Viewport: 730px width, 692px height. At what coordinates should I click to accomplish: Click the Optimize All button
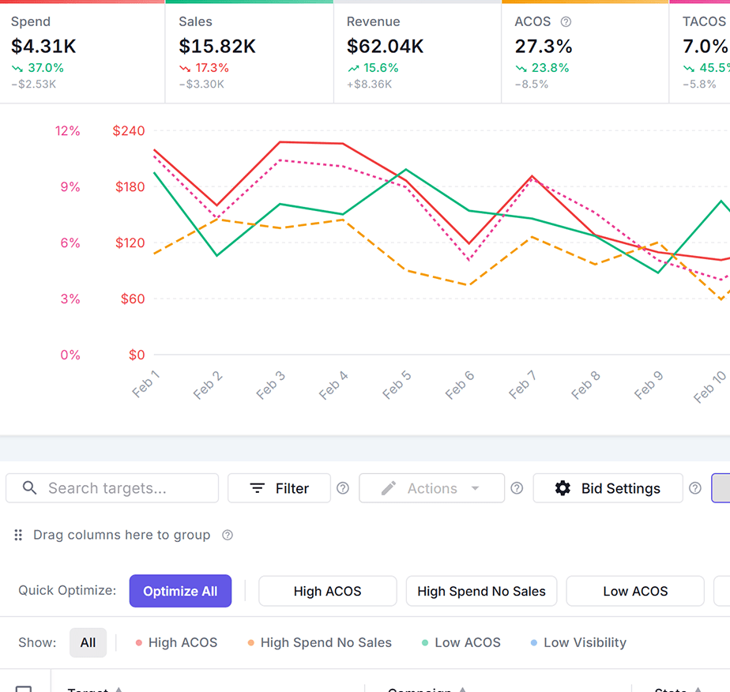180,591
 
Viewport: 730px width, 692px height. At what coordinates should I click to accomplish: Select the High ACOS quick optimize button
327,591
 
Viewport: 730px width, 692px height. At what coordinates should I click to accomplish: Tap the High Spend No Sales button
481,591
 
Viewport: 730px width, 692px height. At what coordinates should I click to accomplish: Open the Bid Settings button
608,488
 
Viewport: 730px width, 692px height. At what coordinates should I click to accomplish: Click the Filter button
279,488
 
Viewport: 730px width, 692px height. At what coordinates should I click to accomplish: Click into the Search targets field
112,488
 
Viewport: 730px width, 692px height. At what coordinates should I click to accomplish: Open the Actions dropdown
431,488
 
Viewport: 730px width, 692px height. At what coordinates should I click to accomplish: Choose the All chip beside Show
88,642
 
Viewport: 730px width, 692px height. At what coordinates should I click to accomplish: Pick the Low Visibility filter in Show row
585,642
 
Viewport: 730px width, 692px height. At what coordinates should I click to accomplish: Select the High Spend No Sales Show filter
325,642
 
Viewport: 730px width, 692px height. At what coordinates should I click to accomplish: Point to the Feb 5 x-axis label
397,385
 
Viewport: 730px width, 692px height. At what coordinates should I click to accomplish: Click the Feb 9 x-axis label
648,385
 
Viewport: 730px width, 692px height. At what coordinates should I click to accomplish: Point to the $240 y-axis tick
130,130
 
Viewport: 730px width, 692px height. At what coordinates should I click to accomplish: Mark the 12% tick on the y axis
68,130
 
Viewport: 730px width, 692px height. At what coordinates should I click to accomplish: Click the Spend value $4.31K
43,47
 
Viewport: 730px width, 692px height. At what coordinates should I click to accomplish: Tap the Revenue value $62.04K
385,47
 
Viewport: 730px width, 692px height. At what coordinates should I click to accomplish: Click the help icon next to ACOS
566,22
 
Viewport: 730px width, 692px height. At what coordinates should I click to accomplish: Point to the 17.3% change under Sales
212,68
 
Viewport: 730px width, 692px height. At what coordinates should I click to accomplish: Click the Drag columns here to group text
122,535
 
